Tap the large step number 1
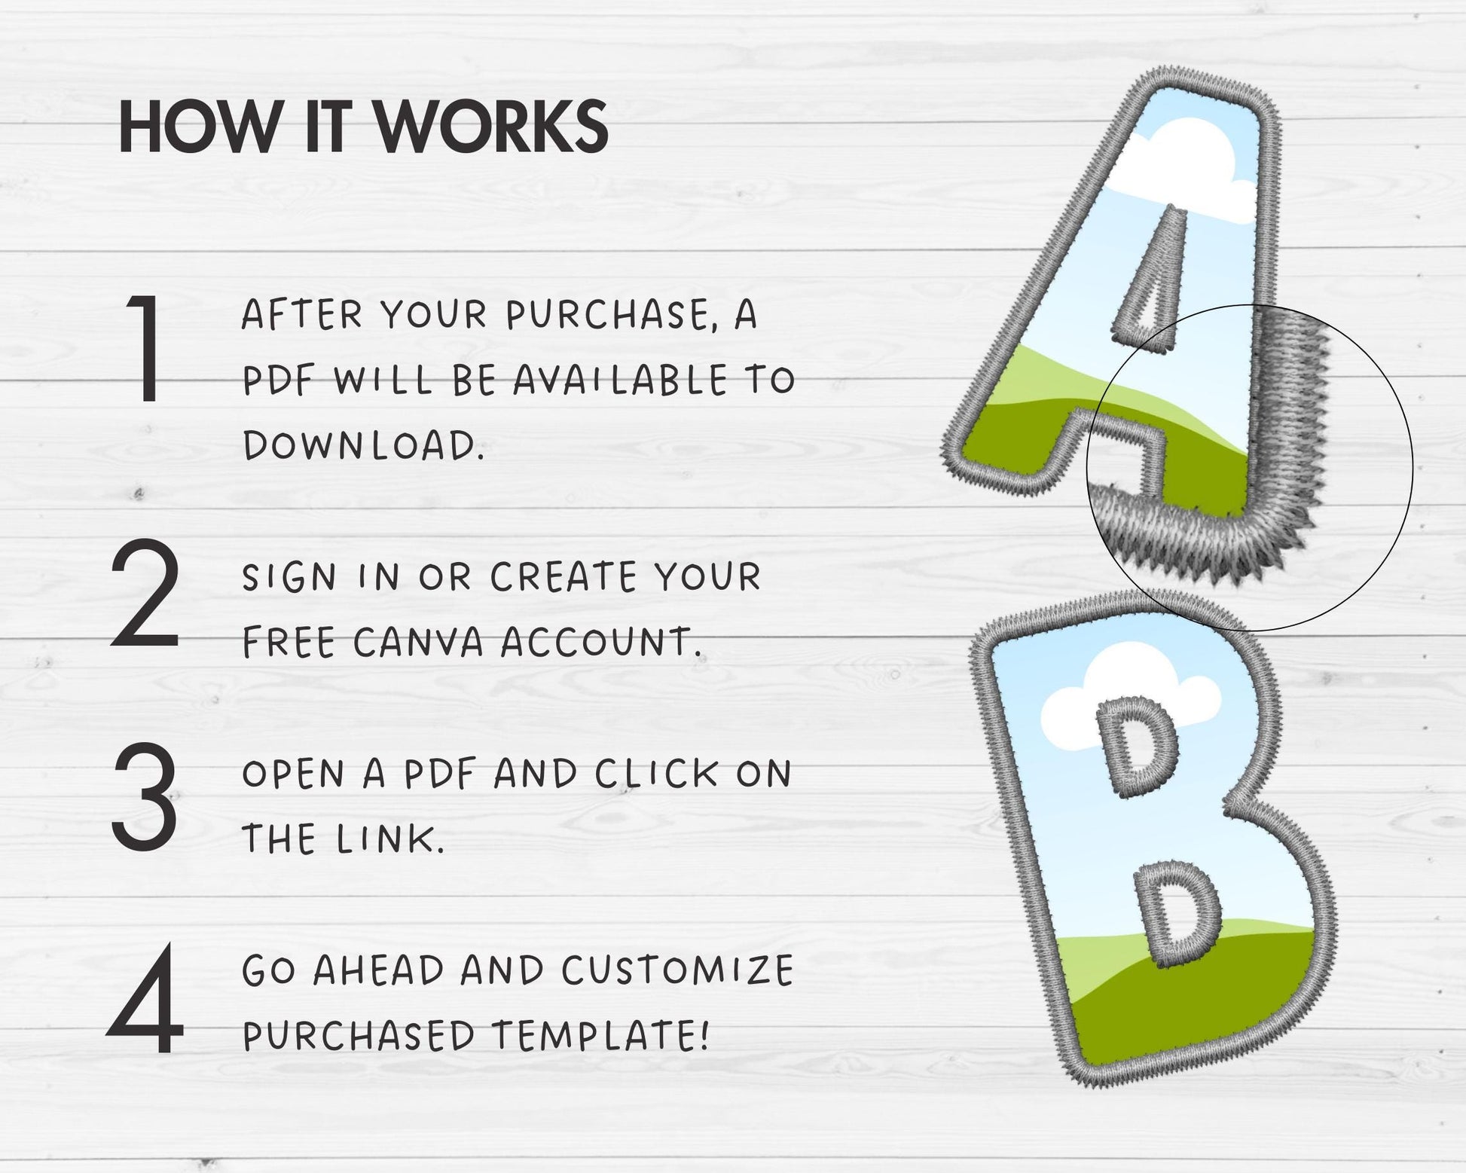pyautogui.click(x=145, y=348)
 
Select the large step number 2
pyautogui.click(x=145, y=594)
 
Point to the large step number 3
pyautogui.click(x=145, y=796)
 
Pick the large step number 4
pyautogui.click(x=145, y=999)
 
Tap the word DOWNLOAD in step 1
pyautogui.click(x=363, y=445)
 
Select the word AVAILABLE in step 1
pyautogui.click(x=621, y=380)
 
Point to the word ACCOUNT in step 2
pyautogui.click(x=600, y=643)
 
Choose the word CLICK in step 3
pyautogui.click(x=657, y=774)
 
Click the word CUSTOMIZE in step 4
pyautogui.click(x=677, y=970)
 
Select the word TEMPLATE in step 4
pyautogui.click(x=600, y=1035)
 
